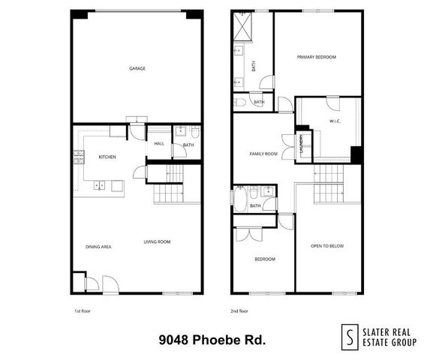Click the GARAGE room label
pyautogui.click(x=137, y=68)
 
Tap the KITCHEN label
pyautogui.click(x=108, y=157)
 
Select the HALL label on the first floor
pyautogui.click(x=159, y=144)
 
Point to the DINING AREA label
pyautogui.click(x=98, y=246)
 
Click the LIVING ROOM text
pyautogui.click(x=158, y=241)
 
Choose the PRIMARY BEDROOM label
pyautogui.click(x=316, y=57)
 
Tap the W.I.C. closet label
pyautogui.click(x=335, y=121)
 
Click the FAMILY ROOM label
pyautogui.click(x=263, y=154)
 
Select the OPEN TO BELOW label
pyautogui.click(x=327, y=246)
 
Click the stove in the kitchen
pyautogui.click(x=78, y=157)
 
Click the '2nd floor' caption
pyautogui.click(x=239, y=310)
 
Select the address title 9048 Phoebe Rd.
pyautogui.click(x=212, y=339)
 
